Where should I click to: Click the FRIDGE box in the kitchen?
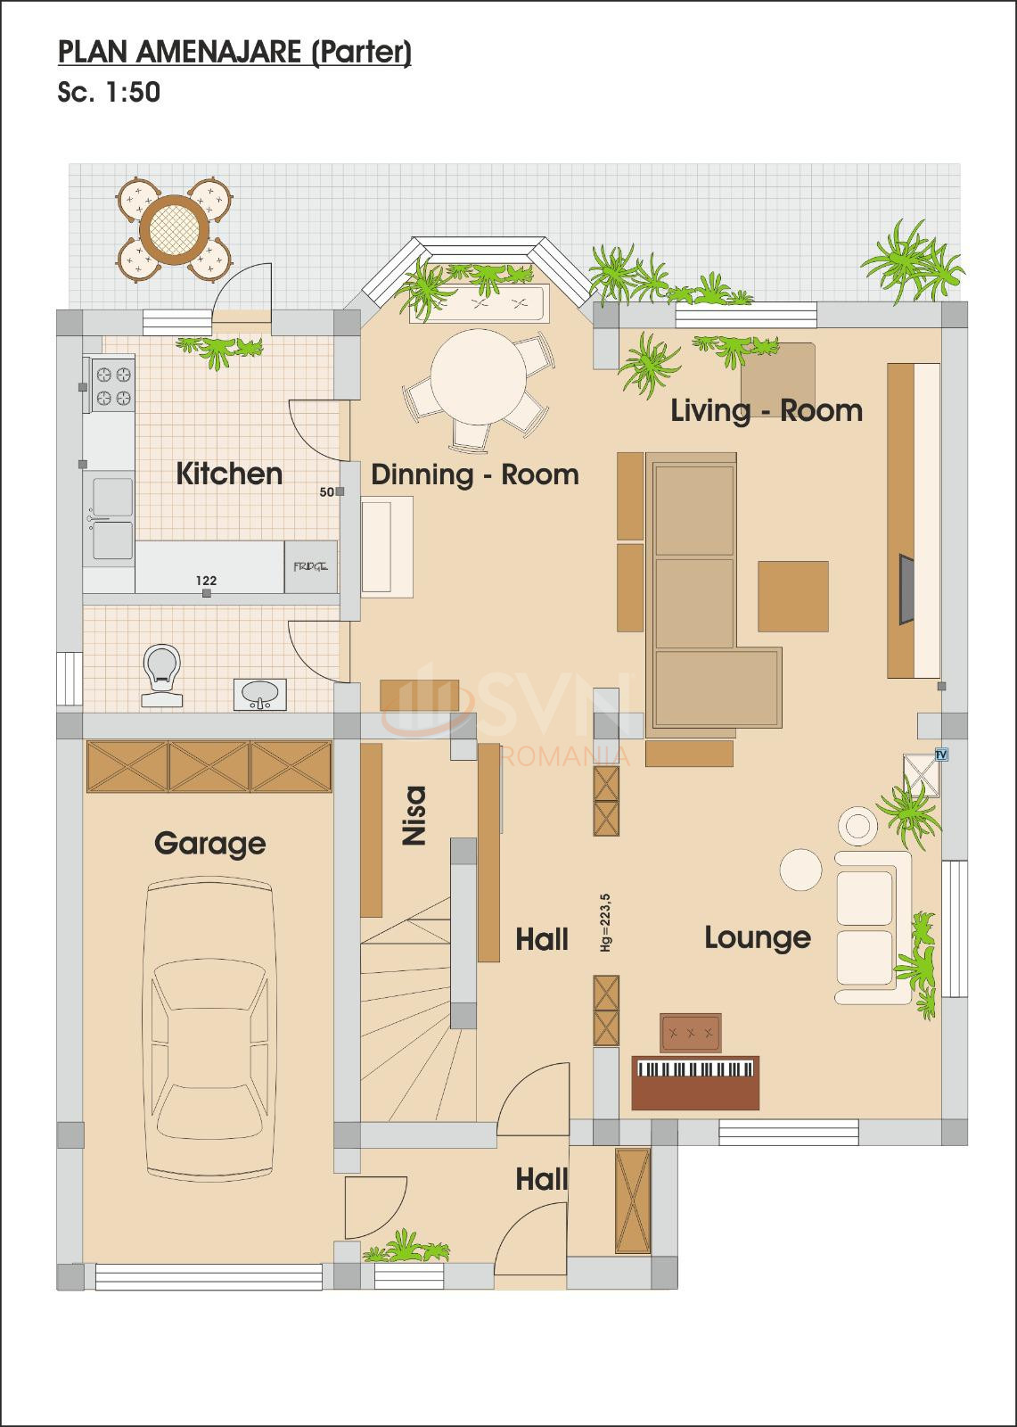310,566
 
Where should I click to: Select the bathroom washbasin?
260,694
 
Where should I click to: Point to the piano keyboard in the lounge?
694,1069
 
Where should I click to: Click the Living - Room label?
767,410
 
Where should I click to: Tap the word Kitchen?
229,473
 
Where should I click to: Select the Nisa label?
414,814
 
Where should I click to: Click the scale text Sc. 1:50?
109,93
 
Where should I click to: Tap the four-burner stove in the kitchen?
112,385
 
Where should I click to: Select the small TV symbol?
940,755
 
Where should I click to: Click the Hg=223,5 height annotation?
605,922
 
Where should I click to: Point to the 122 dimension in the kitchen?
206,581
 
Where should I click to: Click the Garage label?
209,843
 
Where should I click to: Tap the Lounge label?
758,937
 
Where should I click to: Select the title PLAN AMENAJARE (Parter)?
234,53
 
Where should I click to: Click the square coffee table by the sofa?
792,596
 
